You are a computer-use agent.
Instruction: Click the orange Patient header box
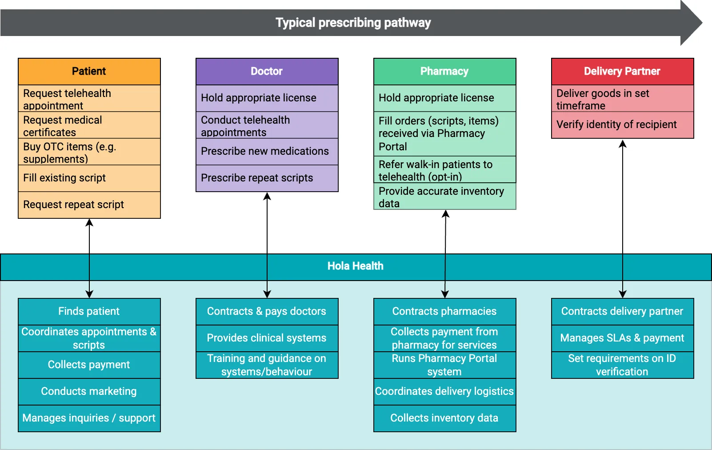[x=89, y=71]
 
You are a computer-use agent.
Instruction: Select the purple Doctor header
[x=267, y=71]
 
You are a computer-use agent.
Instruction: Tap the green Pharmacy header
[x=444, y=71]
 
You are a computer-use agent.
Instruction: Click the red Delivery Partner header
[x=622, y=71]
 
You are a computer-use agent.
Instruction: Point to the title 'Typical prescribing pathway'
[x=353, y=23]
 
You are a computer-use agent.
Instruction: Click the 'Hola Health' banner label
[x=355, y=266]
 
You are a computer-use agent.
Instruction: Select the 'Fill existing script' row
[x=89, y=178]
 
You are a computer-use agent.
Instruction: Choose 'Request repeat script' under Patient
[x=89, y=205]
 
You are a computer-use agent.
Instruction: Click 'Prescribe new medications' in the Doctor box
[x=267, y=151]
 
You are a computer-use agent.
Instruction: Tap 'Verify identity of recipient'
[x=622, y=125]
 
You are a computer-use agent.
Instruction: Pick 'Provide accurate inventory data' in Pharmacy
[x=444, y=197]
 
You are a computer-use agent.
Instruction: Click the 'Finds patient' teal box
[x=89, y=311]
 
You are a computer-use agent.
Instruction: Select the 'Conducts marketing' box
[x=89, y=391]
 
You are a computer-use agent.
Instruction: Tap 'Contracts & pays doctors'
[x=267, y=311]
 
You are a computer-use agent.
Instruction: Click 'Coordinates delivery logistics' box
[x=444, y=391]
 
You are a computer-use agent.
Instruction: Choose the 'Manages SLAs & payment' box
[x=622, y=338]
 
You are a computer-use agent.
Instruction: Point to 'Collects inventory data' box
[x=444, y=418]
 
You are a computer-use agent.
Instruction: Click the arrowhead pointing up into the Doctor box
[x=267, y=196]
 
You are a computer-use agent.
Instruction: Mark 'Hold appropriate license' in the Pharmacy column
[x=444, y=98]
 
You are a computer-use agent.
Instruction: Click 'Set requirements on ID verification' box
[x=622, y=365]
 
